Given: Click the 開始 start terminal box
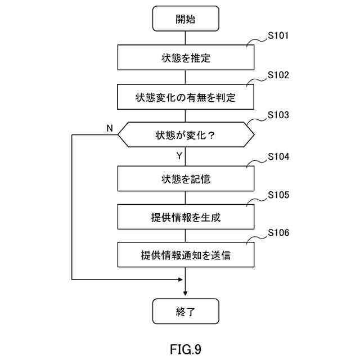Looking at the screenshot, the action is pyautogui.click(x=186, y=19).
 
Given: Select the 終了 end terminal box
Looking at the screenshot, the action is pyautogui.click(x=186, y=311).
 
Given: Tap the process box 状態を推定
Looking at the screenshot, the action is pyautogui.click(x=186, y=57).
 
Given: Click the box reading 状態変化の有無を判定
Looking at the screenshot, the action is pyautogui.click(x=186, y=97).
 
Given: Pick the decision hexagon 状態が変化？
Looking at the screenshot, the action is pyautogui.click(x=186, y=135).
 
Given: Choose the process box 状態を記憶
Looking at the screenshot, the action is pyautogui.click(x=186, y=179).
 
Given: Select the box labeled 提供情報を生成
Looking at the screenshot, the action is pyautogui.click(x=186, y=217).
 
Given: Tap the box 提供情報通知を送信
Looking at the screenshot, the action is pyautogui.click(x=186, y=255).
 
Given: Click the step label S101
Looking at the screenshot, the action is pyautogui.click(x=278, y=35).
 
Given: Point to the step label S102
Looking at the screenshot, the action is pyautogui.click(x=278, y=75).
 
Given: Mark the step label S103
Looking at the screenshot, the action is pyautogui.click(x=278, y=115).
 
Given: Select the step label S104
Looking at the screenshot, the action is pyautogui.click(x=278, y=156).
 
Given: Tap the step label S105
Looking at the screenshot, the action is pyautogui.click(x=278, y=195).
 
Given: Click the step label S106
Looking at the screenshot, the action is pyautogui.click(x=278, y=232).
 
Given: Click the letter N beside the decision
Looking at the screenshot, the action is pyautogui.click(x=110, y=128).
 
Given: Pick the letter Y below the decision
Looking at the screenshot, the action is pyautogui.click(x=179, y=156).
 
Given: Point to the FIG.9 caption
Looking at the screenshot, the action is pyautogui.click(x=186, y=349).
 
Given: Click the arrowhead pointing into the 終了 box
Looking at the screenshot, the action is pyautogui.click(x=185, y=294).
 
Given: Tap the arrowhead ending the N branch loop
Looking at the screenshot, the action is pyautogui.click(x=181, y=280).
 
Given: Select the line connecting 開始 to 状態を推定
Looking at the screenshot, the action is pyautogui.click(x=185, y=38).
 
